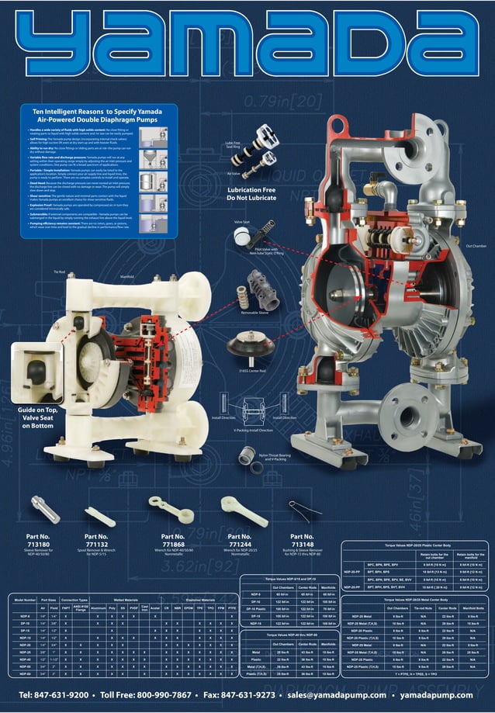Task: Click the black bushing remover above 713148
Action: (301, 509)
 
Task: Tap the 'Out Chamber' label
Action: (476, 268)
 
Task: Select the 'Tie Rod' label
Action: (59, 272)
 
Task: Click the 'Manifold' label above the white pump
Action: (127, 276)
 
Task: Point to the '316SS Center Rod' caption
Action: (253, 371)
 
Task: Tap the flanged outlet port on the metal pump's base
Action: (403, 418)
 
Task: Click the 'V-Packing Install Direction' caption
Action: (253, 429)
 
